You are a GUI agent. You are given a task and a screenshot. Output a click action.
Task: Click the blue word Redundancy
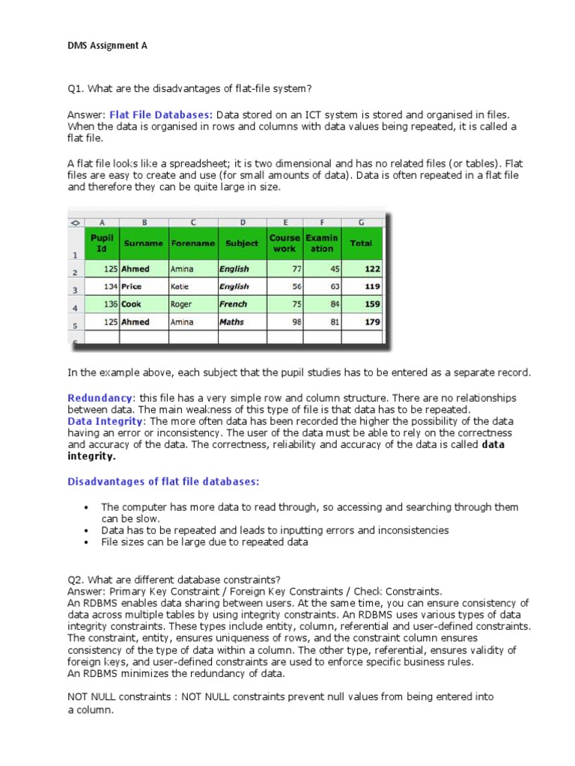[100, 398]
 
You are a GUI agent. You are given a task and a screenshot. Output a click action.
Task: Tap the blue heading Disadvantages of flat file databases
[164, 480]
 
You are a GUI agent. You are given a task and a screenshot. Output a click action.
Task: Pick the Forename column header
[192, 243]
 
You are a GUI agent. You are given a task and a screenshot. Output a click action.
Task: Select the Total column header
[361, 243]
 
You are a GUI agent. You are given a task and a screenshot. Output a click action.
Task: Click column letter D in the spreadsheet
[242, 222]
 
